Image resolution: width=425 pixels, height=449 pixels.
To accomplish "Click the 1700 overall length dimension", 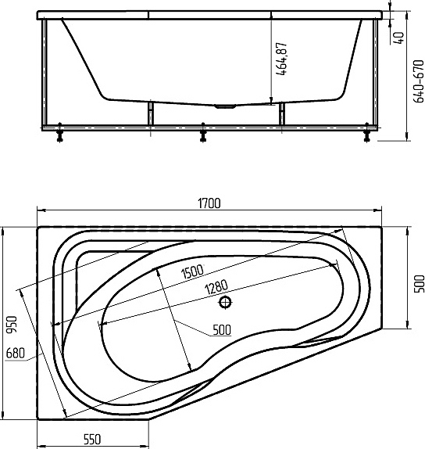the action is [209, 203].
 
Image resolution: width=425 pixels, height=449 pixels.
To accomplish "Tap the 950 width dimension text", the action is [12, 325].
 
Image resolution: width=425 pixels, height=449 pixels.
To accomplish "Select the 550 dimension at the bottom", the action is [92, 439].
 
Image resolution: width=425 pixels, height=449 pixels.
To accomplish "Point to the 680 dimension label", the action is [15, 353].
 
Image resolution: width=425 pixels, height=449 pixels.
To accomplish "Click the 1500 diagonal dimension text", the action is [192, 271].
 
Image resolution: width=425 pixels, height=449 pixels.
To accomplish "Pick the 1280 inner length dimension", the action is [216, 287].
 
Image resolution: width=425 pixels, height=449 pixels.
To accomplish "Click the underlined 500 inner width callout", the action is [222, 330].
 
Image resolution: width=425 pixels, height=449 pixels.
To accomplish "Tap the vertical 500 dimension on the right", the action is [420, 284].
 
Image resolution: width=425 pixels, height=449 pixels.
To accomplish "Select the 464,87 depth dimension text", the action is [281, 59].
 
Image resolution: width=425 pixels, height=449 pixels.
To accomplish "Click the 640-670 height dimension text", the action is [419, 81].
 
